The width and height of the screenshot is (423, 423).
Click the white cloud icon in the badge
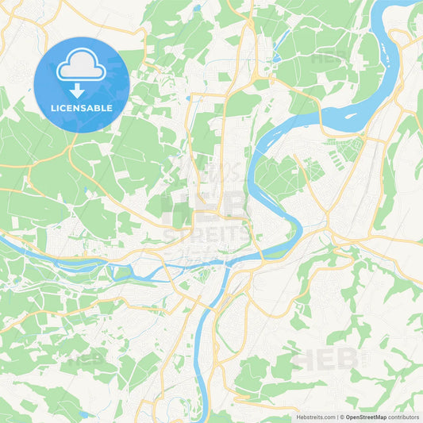pos(81,67)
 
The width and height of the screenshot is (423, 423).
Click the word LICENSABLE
pos(81,107)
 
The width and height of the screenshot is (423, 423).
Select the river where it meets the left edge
pos(3,238)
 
